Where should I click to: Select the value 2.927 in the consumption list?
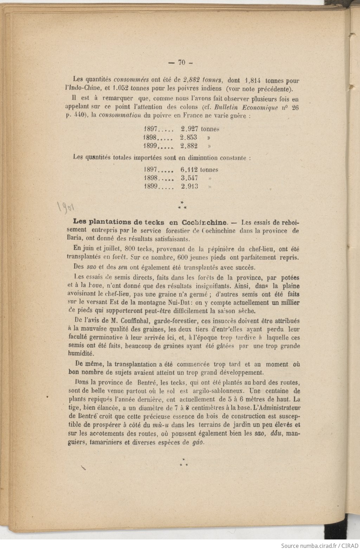(189, 129)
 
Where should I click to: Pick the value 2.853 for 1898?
(188, 137)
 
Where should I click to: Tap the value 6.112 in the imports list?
(190, 170)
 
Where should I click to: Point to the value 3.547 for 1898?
(189, 178)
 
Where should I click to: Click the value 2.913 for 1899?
(189, 187)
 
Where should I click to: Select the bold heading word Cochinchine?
(204, 222)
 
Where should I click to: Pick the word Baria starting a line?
(75, 239)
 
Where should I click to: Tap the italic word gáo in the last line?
(198, 442)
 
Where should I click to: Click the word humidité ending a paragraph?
(81, 354)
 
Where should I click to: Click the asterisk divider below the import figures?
(182, 205)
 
